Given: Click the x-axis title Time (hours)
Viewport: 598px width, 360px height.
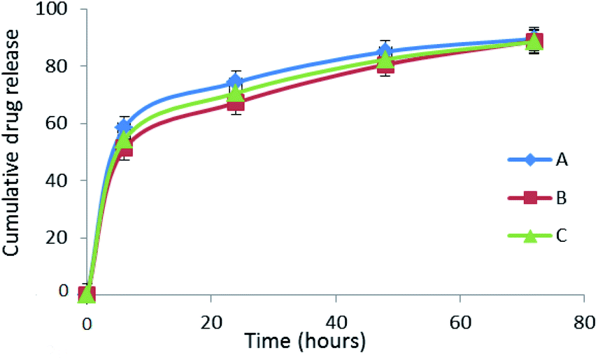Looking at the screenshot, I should click(305, 343).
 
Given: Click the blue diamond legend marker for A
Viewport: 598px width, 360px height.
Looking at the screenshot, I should click(531, 160).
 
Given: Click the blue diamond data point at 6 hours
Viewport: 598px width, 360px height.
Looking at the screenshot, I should click(124, 127).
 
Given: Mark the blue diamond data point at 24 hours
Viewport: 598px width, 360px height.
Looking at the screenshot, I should click(236, 82).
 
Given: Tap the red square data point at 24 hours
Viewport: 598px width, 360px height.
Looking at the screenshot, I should click(236, 103).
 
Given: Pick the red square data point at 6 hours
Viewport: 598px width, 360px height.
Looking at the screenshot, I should click(124, 148).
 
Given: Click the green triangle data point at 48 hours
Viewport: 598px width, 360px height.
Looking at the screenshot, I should click(385, 59).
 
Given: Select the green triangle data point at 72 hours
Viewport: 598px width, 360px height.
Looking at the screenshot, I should click(534, 41).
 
